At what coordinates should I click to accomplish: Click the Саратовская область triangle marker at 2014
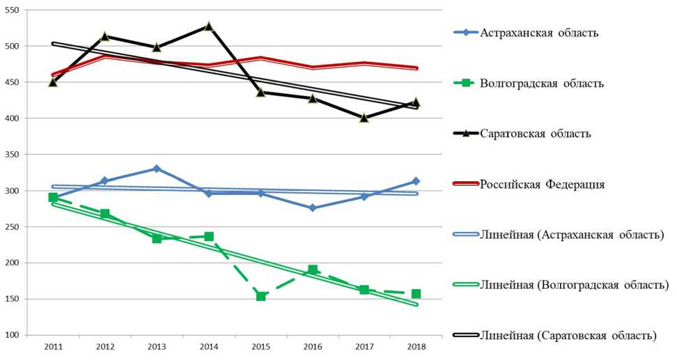pos(208,26)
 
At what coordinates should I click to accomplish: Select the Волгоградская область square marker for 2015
pos(260,296)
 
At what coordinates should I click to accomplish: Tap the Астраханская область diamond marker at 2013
pos(157,169)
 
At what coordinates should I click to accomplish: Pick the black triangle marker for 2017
pos(364,118)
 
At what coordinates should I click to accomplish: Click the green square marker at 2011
pos(53,198)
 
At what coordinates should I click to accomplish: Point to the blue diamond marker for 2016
pos(312,208)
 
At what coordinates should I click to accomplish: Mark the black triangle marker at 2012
pos(104,36)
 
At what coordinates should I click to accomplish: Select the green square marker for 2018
pos(416,294)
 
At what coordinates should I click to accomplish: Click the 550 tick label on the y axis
pos(13,10)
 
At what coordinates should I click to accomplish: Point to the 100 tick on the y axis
pos(13,336)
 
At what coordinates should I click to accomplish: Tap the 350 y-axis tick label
pos(13,155)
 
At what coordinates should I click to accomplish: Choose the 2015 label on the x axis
pos(260,347)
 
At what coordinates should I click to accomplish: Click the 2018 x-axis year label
pos(416,347)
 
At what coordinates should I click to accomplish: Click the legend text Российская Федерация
pos(542,185)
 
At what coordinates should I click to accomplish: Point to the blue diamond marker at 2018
pos(416,181)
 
